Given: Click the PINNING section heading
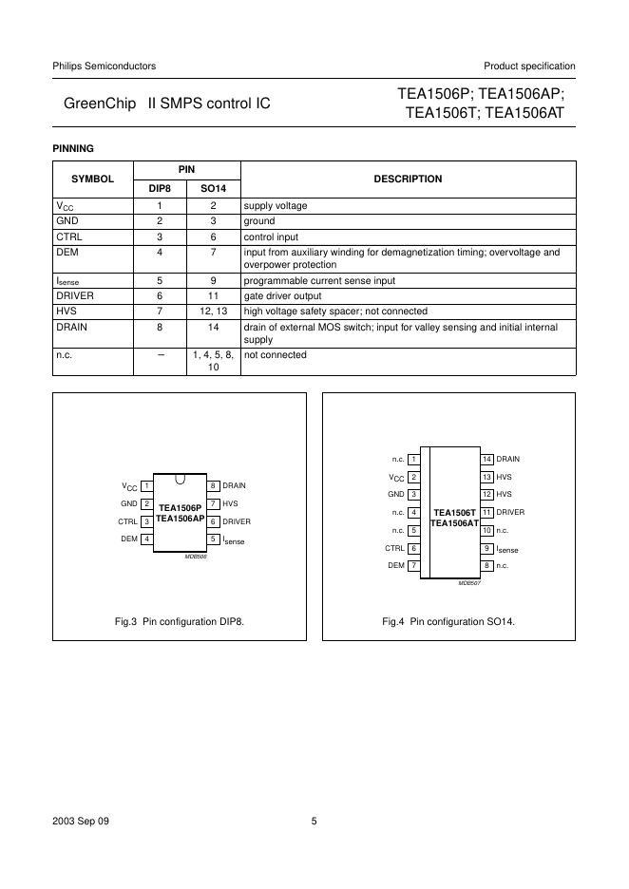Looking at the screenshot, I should click(72, 148).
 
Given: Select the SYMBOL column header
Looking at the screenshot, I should click(92, 179).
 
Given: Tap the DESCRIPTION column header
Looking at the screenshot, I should click(408, 179).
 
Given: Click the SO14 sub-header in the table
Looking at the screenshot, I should click(214, 188).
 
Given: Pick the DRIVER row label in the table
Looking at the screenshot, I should click(75, 295).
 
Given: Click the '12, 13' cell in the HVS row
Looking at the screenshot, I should click(214, 311).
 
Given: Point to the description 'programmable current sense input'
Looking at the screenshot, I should click(319, 281).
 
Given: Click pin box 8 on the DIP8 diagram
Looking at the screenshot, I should click(214, 485).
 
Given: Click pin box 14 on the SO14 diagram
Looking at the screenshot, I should click(487, 459).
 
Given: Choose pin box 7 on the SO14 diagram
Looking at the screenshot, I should click(413, 565).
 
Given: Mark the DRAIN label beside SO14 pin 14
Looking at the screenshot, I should click(508, 459).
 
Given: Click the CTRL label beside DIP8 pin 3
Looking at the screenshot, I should click(127, 521).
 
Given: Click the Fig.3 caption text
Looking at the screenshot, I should click(180, 621).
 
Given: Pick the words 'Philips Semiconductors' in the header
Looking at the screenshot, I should click(104, 66).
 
